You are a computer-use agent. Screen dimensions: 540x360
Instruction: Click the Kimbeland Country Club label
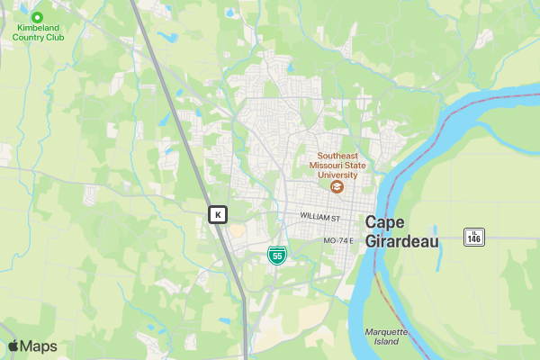point(37,32)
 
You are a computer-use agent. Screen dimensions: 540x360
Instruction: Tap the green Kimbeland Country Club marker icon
point(37,16)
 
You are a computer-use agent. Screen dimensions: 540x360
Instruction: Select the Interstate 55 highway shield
point(277,255)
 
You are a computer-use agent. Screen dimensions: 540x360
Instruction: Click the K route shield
point(218,214)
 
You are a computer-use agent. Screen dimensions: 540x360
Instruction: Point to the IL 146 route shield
point(474,237)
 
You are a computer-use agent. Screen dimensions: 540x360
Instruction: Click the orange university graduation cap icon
point(337,187)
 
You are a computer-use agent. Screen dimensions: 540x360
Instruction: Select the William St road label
point(320,218)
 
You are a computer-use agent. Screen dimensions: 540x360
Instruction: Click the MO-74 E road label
point(340,240)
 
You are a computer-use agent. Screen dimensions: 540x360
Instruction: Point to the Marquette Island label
point(387,337)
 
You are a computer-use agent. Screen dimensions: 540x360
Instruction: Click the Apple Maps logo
point(32,346)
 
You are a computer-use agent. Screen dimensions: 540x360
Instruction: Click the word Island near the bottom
point(386,342)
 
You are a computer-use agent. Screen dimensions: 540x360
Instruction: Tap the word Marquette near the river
point(387,332)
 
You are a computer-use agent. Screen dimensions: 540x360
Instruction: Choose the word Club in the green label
point(59,38)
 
